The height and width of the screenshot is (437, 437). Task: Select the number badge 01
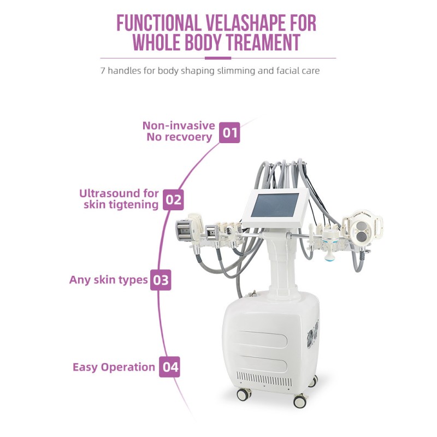point(229,133)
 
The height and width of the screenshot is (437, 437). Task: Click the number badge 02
point(173,199)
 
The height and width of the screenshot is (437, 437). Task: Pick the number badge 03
point(161,280)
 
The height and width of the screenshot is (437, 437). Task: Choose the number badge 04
point(169,367)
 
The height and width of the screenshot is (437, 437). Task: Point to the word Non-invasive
point(179,126)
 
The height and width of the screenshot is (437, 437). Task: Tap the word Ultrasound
point(110,193)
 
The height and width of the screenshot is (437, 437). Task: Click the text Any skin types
point(108,280)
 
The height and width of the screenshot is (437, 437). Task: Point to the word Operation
point(128,367)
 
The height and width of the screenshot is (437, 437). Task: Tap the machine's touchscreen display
point(275,205)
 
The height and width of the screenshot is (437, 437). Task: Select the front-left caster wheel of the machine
point(244,394)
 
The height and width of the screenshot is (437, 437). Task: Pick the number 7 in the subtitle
point(103,71)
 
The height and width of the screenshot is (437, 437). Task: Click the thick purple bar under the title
point(218,58)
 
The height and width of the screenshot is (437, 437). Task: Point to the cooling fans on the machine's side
point(313,334)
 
